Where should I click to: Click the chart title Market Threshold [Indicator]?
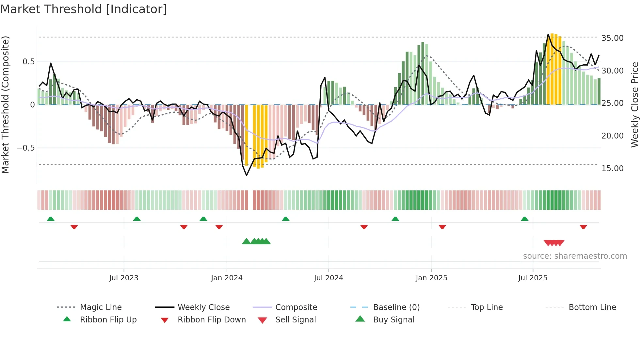point(84,9)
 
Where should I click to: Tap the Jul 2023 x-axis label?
point(124,278)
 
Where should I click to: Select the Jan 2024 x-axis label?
point(227,278)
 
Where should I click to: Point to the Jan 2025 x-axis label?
point(431,278)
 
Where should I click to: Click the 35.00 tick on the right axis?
point(612,38)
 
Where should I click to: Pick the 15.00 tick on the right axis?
point(612,169)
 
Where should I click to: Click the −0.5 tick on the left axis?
point(26,148)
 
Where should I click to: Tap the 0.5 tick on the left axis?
point(28,62)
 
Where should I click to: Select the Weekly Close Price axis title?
point(634,105)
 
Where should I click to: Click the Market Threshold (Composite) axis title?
point(5,105)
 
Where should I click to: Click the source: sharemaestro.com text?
point(575,256)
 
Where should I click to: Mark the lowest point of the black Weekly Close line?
point(247,175)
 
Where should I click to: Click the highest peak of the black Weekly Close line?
point(548,34)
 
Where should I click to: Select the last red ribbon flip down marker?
point(583,227)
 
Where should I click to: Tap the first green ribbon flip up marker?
point(51,219)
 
